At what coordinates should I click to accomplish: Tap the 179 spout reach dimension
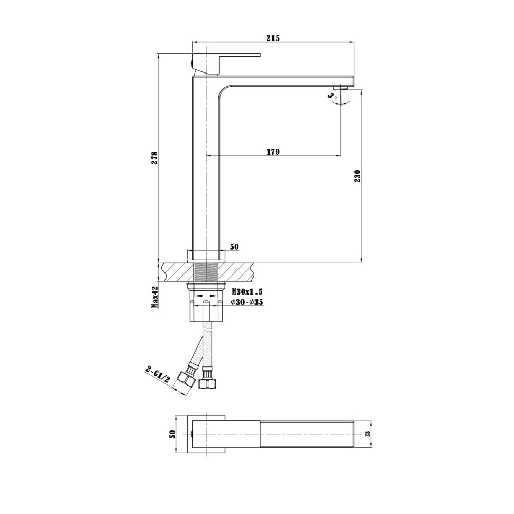click(x=273, y=151)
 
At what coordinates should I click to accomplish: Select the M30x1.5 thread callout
click(x=247, y=291)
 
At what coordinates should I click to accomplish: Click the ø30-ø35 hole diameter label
click(x=247, y=302)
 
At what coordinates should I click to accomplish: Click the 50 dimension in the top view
click(x=173, y=434)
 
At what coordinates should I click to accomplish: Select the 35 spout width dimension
click(x=367, y=434)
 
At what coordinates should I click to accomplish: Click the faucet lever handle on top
click(x=226, y=55)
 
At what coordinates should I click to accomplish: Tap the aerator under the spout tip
click(x=340, y=89)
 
